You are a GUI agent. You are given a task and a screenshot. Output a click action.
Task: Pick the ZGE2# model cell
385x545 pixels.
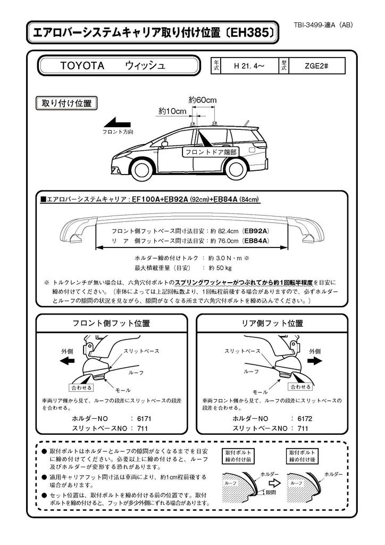316,67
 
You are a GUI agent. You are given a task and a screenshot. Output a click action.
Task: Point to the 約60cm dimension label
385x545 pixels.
203,100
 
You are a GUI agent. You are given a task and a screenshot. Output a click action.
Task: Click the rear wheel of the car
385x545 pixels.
239,170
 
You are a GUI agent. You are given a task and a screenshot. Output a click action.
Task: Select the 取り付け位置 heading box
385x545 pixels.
66,103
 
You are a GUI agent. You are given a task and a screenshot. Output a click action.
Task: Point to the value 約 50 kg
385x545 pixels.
220,268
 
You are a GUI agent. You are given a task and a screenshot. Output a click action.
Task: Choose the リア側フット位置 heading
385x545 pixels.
272,323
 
